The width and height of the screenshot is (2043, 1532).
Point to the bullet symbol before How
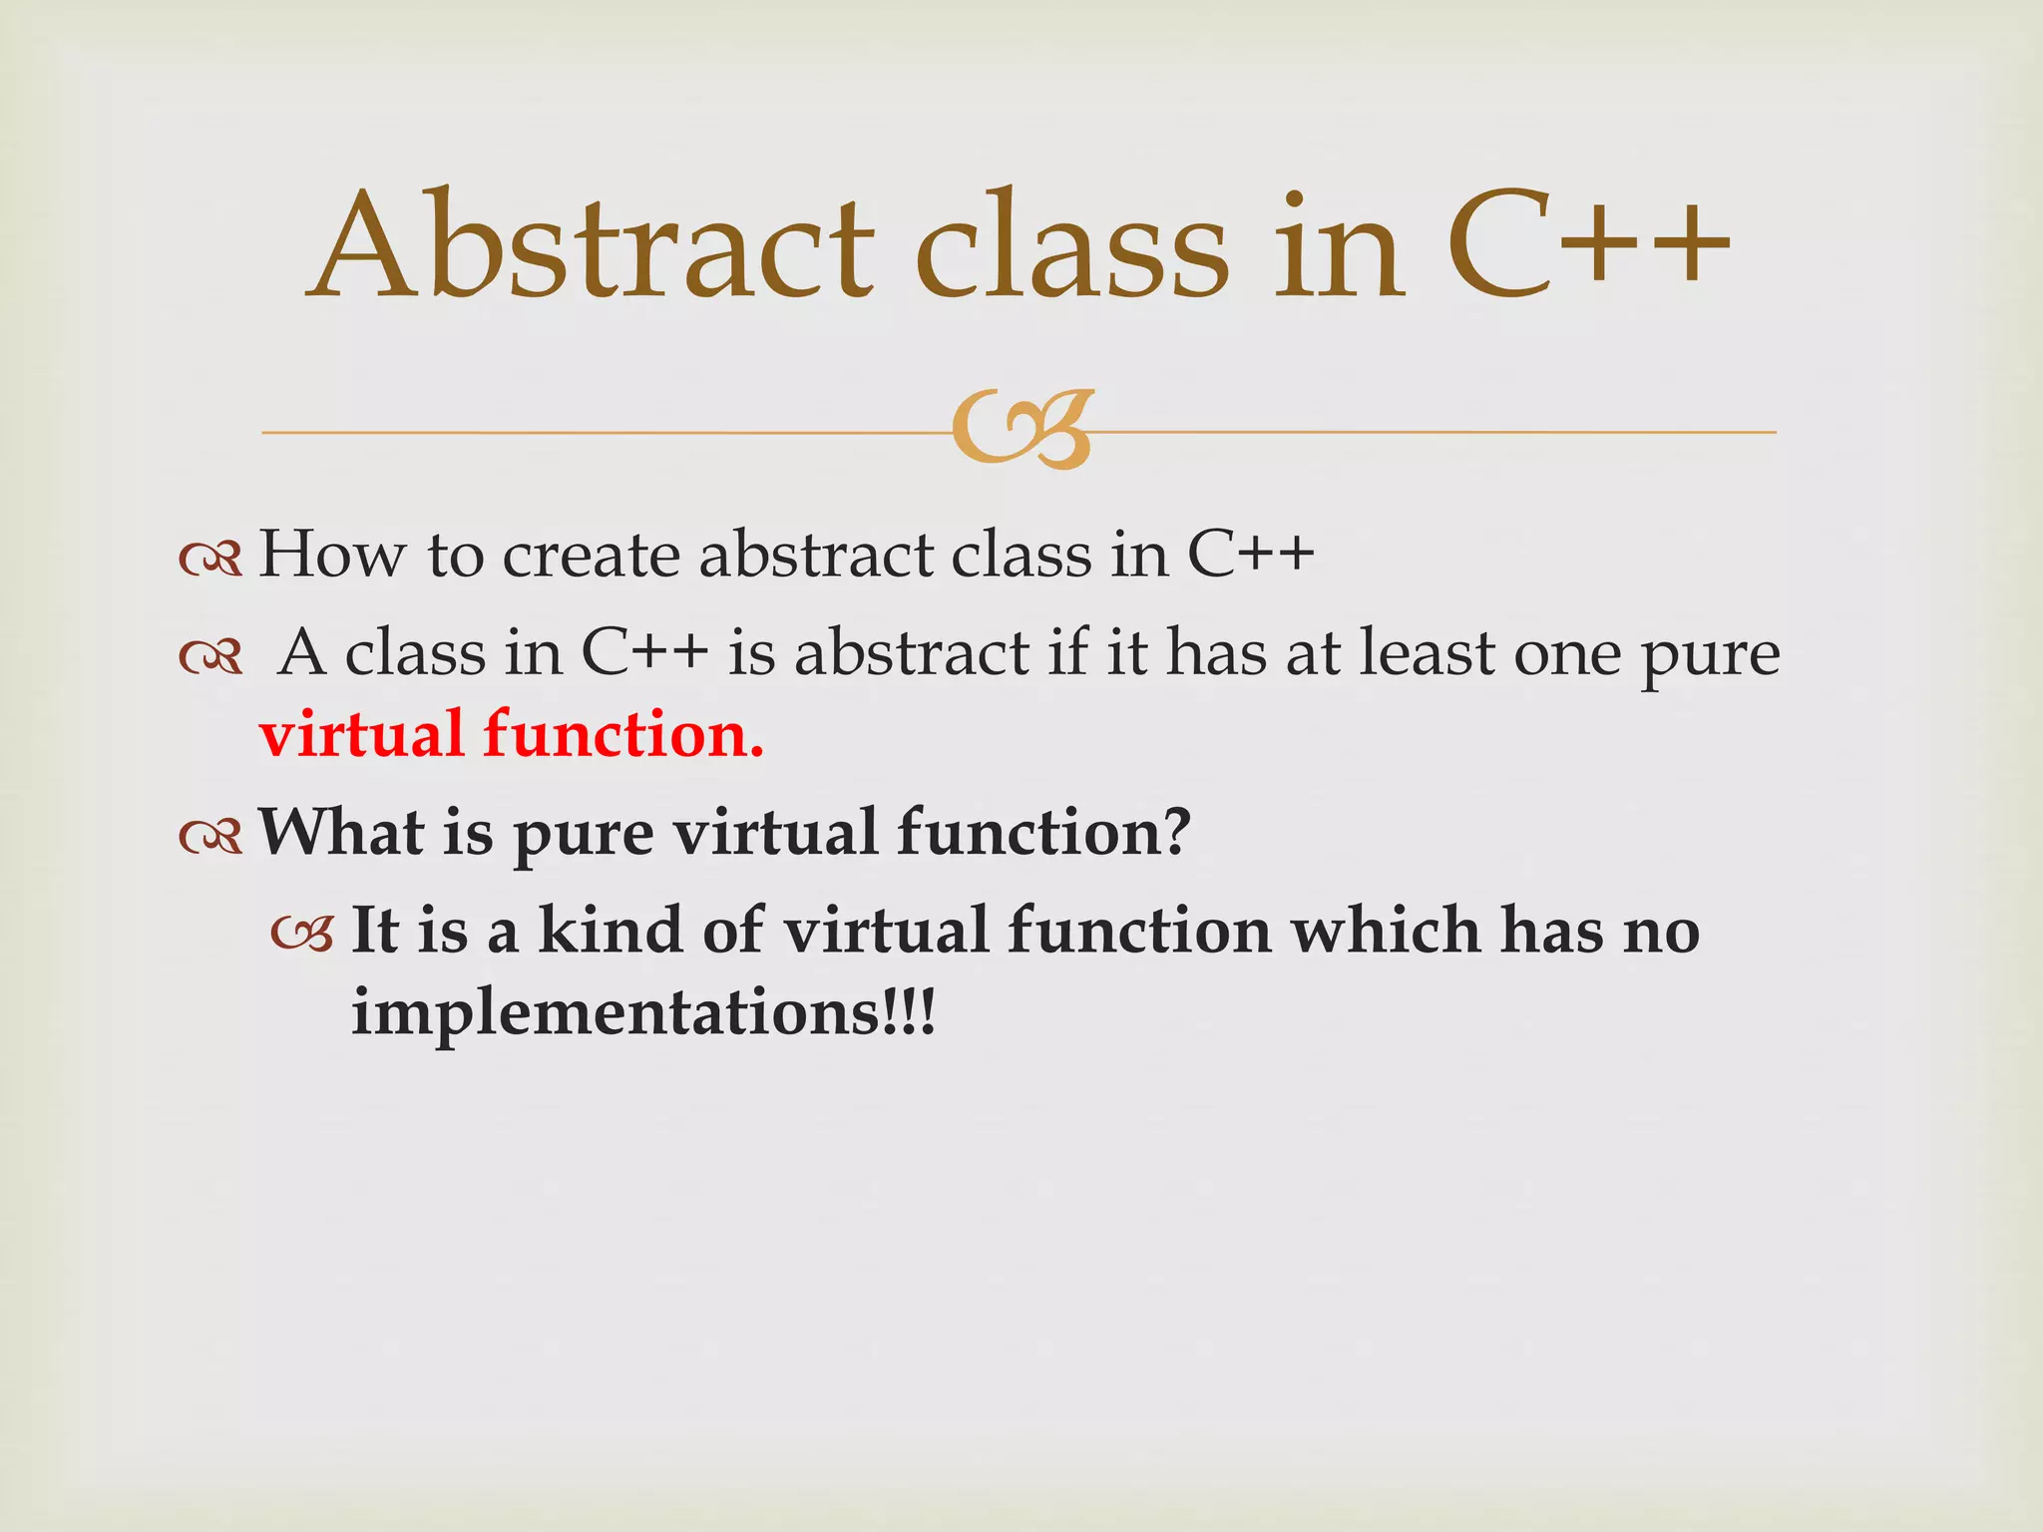pos(210,560)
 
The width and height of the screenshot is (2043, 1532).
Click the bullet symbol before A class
pos(210,658)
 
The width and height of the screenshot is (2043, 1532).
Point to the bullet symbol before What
pos(210,837)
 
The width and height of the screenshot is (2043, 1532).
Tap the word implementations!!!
pos(643,1013)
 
